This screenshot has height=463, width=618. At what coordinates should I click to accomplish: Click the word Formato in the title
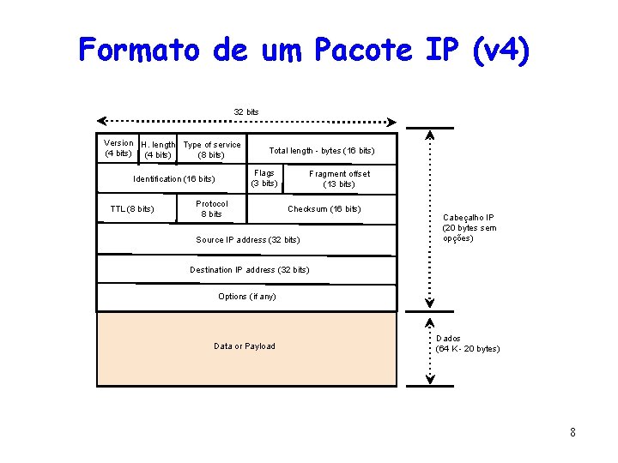(137, 50)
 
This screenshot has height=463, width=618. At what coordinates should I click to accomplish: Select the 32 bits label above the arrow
(246, 112)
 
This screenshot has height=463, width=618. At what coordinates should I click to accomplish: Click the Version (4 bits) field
(118, 148)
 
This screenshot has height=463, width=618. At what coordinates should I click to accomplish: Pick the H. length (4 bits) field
(158, 150)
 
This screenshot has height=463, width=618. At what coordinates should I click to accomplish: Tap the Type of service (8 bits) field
(212, 150)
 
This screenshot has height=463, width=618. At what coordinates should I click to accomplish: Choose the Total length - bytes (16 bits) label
(322, 151)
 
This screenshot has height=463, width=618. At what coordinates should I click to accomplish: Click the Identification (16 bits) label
(174, 179)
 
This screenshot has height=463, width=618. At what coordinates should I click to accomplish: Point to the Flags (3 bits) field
(264, 178)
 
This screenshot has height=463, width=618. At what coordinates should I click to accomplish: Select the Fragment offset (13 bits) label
(339, 178)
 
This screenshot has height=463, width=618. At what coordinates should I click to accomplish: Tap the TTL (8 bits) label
(132, 209)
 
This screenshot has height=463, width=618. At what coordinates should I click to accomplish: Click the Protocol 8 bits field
(212, 208)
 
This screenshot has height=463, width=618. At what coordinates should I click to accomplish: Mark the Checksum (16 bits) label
(324, 209)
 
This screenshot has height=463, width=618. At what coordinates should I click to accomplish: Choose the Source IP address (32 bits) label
(248, 240)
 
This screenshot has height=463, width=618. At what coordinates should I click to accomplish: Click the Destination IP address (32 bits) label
(249, 270)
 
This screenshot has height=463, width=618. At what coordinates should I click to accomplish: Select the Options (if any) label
(247, 297)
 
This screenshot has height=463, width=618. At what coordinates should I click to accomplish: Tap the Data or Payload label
(245, 346)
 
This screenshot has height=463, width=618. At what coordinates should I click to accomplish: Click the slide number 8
(573, 432)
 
